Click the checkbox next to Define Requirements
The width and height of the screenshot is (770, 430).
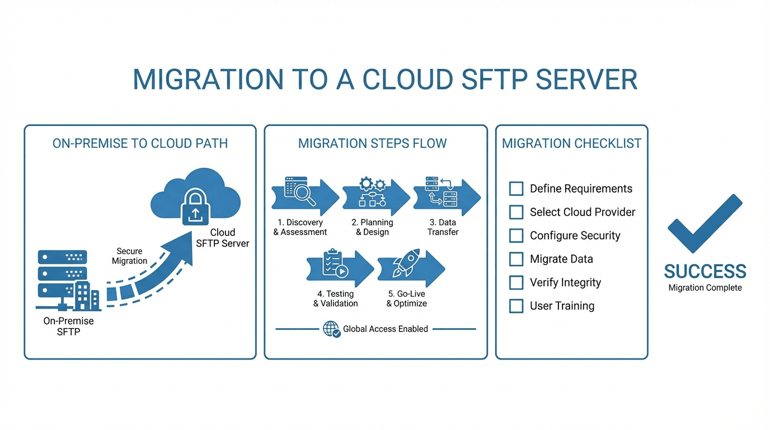(516, 189)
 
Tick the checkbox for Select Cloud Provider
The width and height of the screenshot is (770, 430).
(516, 212)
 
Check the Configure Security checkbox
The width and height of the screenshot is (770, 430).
(516, 236)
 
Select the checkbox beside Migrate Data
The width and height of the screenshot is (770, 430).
(516, 259)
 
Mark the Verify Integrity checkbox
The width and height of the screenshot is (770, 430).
(516, 283)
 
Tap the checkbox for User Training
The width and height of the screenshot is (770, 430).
(516, 306)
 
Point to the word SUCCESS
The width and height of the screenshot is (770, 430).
(705, 272)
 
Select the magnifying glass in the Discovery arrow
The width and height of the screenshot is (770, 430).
(304, 194)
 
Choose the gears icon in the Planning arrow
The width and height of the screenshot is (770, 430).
(373, 184)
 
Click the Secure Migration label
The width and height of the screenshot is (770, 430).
(129, 256)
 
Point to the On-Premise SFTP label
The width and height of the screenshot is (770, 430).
(68, 326)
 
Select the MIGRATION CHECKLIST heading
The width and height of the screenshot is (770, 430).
(571, 143)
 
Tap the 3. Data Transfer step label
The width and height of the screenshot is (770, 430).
(443, 227)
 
